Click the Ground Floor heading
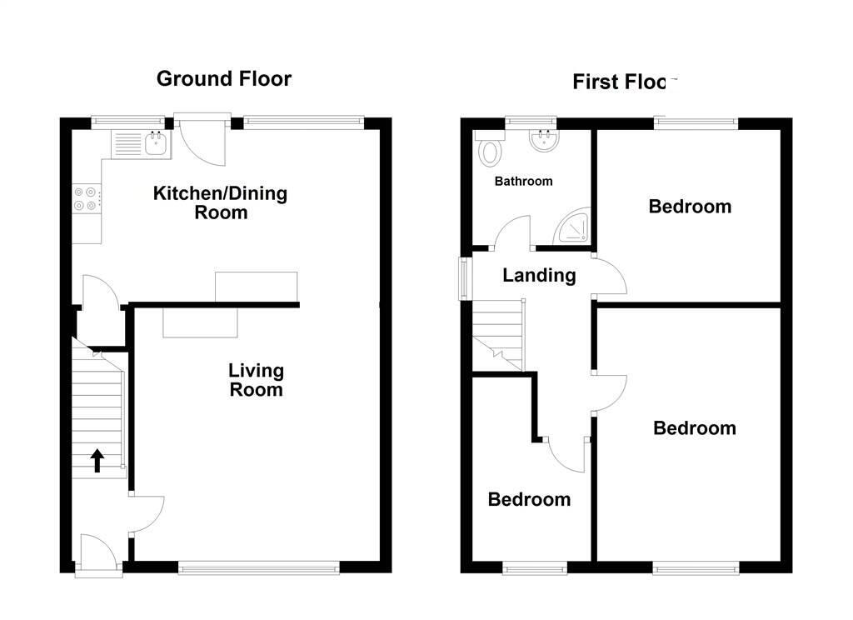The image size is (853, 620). point(224,79)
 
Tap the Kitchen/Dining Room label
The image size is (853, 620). point(221,202)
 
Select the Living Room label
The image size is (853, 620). point(257,380)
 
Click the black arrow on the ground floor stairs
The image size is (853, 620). point(97,460)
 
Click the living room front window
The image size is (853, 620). point(258,568)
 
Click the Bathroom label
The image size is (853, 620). point(523,181)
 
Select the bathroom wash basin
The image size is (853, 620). point(544,142)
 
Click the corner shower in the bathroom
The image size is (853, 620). point(576,227)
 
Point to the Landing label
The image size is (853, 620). point(539,275)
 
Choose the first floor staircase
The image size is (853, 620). point(499,333)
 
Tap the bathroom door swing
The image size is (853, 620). point(514,234)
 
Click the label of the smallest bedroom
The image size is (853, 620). point(529,499)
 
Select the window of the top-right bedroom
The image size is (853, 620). point(696,124)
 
